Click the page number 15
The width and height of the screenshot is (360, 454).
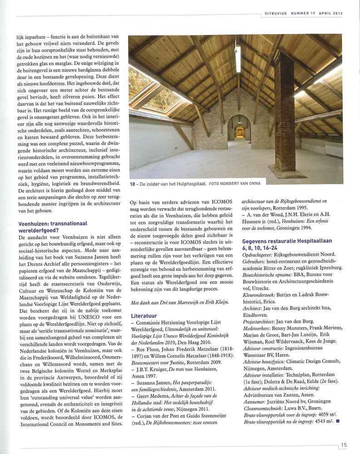coord(344,445)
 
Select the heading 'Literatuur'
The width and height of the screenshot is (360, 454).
coord(144,315)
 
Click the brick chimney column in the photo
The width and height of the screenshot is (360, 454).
coord(285,118)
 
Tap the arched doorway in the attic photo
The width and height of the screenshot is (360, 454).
coord(239,128)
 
